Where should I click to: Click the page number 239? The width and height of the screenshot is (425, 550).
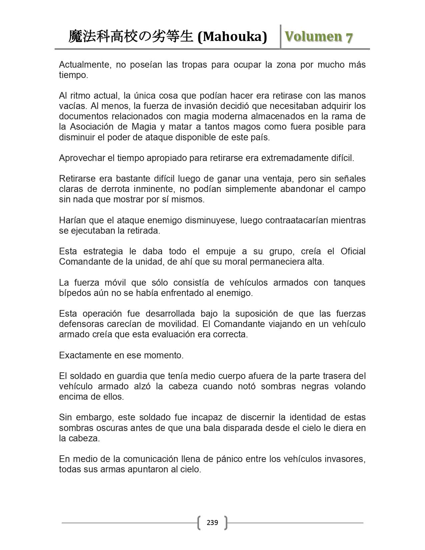pyautogui.click(x=212, y=522)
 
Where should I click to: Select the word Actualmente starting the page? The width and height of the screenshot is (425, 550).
pyautogui.click(x=85, y=64)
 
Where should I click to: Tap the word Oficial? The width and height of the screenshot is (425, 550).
pyautogui.click(x=353, y=251)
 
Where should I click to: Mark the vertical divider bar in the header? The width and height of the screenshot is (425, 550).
pyautogui.click(x=280, y=37)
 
